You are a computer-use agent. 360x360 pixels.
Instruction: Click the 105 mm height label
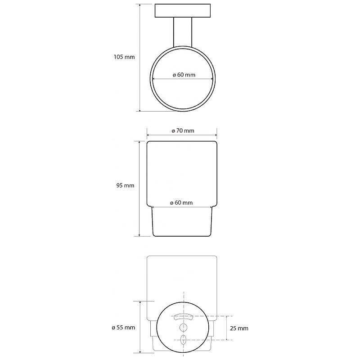tap(124, 57)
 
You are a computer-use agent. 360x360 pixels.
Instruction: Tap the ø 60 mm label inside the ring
tap(184, 75)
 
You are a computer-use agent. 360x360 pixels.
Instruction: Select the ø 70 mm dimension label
tap(183, 130)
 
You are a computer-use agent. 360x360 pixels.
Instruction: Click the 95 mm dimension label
tap(125, 185)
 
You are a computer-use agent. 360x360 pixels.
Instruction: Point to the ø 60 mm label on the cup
tap(181, 203)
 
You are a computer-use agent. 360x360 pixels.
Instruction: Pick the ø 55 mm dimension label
tap(123, 328)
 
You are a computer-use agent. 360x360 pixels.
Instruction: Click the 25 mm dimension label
tap(239, 328)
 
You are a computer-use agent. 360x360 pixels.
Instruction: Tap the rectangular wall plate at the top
tap(183, 10)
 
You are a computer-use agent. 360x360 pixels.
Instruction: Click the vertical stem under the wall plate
tap(183, 32)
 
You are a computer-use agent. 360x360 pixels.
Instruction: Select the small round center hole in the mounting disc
tap(183, 327)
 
